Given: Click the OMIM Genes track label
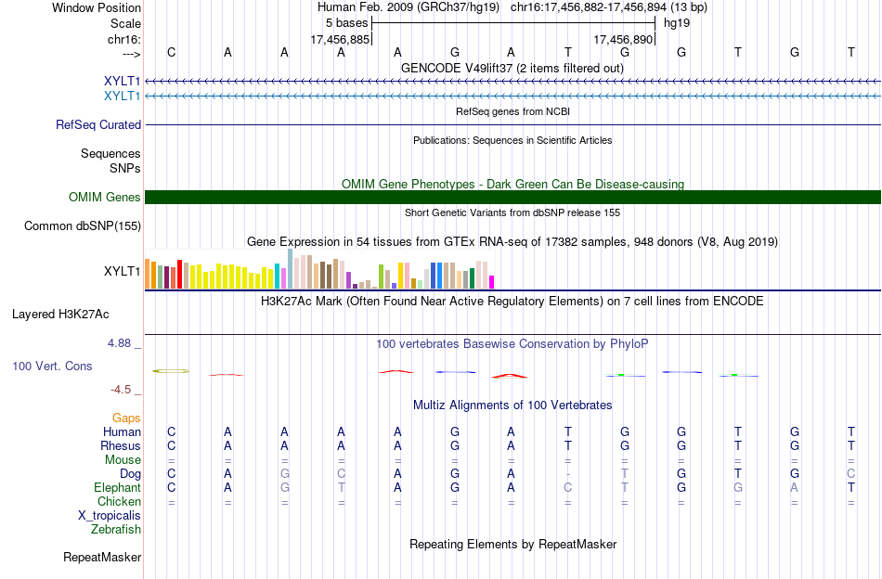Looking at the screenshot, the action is [105, 198].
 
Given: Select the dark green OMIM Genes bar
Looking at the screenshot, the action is [513, 198].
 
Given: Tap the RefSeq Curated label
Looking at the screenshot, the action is [98, 124].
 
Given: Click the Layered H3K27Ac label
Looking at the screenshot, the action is [60, 315].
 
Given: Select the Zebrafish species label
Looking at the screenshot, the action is [116, 530].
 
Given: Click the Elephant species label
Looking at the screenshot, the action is [118, 488].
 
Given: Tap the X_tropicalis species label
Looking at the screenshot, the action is [110, 516].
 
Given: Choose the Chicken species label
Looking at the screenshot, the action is [119, 501].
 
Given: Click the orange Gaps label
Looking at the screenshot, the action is [126, 418].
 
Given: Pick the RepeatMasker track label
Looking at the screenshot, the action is [102, 557].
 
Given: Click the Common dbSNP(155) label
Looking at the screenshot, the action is [83, 226].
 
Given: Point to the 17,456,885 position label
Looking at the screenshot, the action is [341, 39].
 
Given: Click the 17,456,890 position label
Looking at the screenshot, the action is [623, 39].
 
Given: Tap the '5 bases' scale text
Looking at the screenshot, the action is [346, 23].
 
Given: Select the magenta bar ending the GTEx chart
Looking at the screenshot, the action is [492, 282].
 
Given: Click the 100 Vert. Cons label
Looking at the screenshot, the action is [52, 366].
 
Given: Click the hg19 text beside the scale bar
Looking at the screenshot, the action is [677, 23].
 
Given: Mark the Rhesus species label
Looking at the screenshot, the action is [121, 445].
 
